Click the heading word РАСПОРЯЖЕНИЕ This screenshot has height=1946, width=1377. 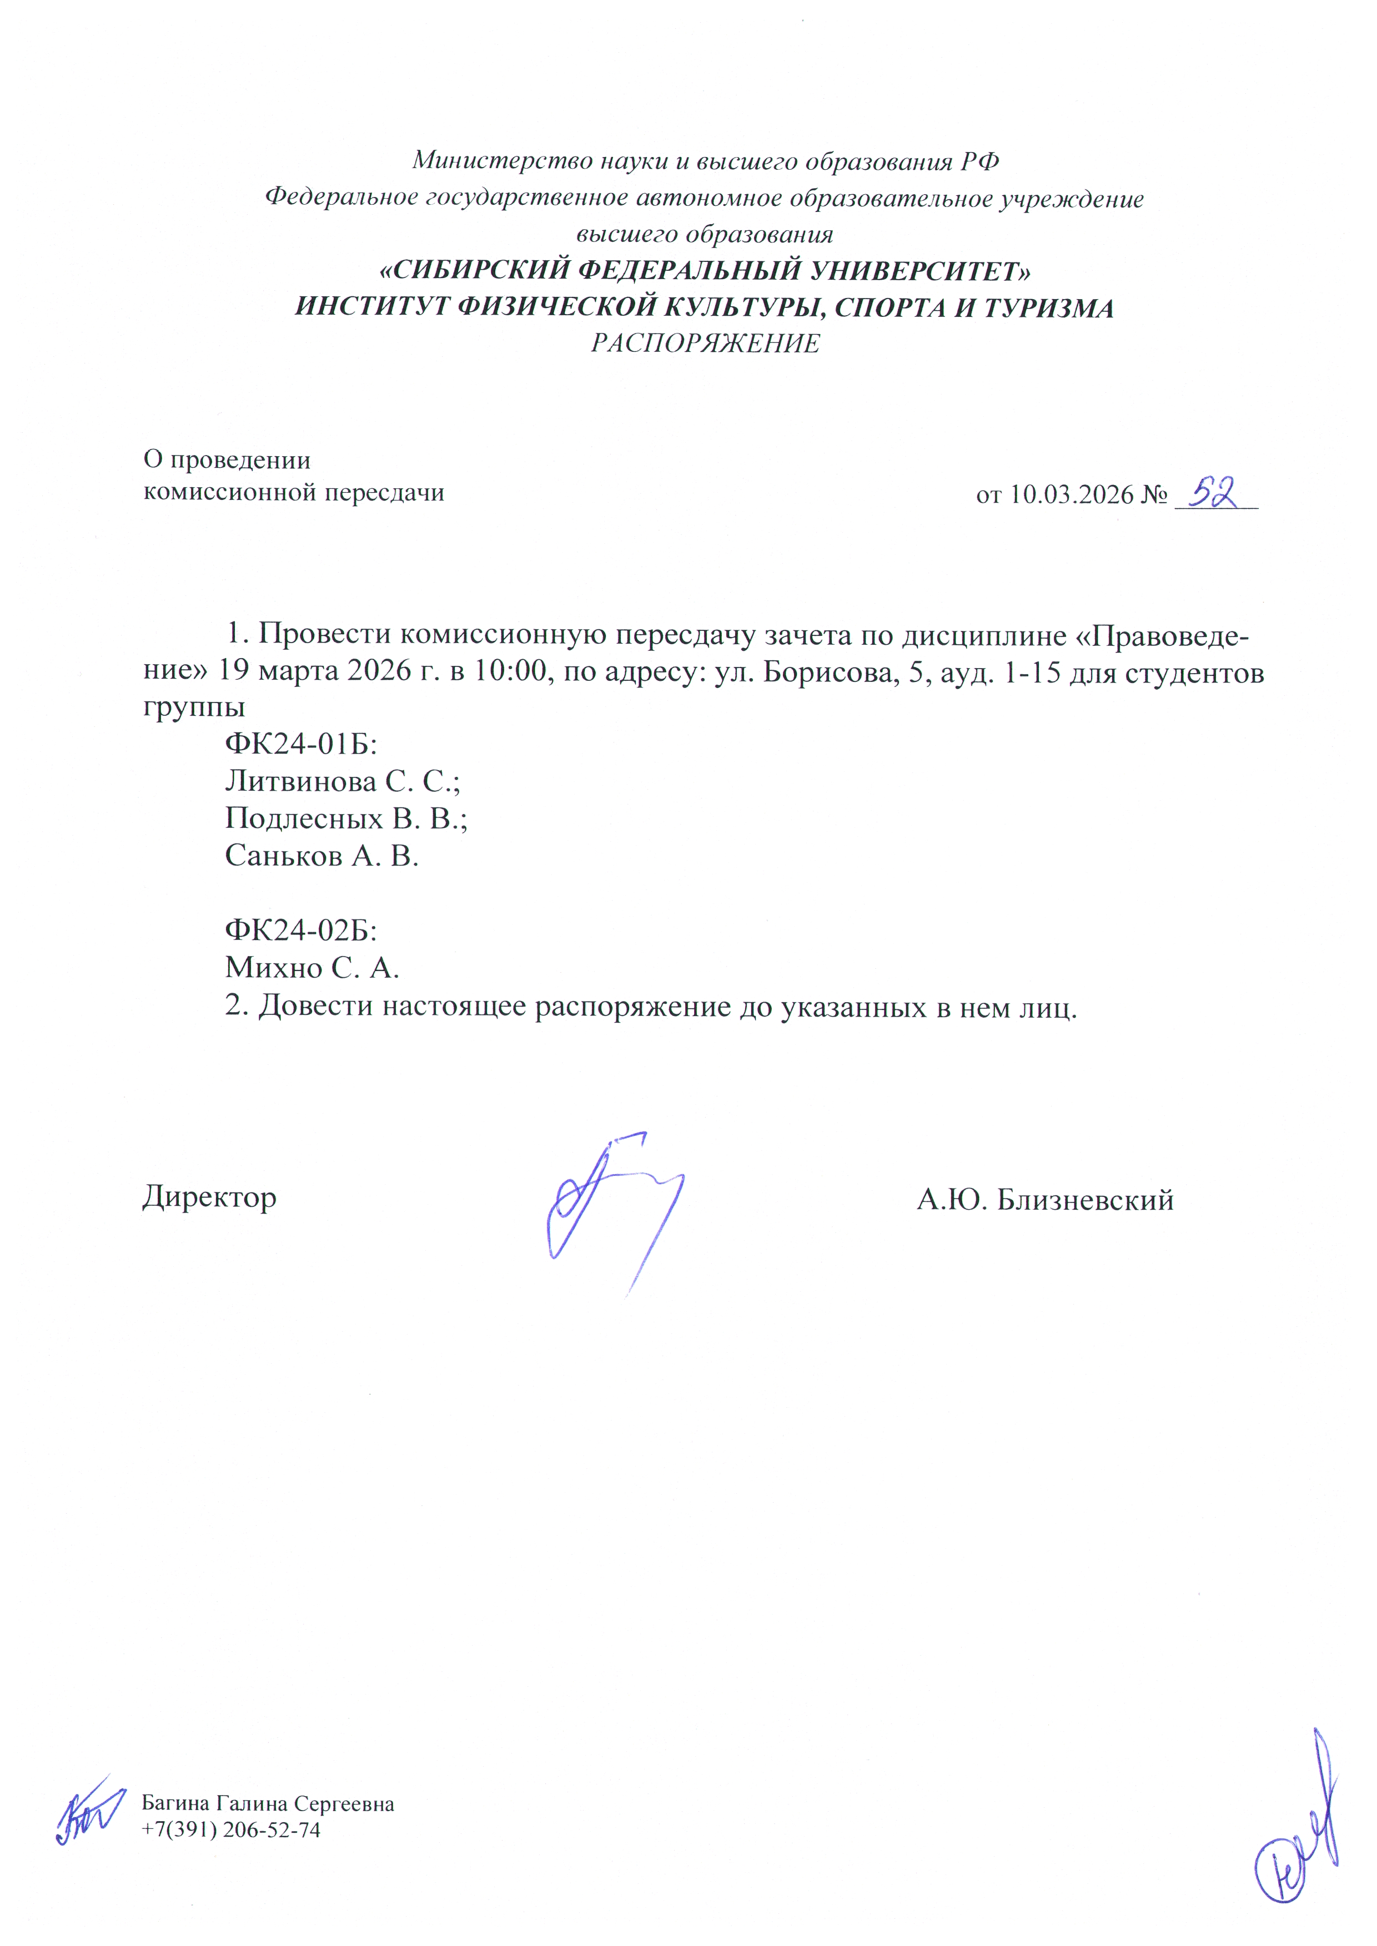pos(705,343)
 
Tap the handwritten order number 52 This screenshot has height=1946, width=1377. pos(1214,492)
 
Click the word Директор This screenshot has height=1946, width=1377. pos(209,1197)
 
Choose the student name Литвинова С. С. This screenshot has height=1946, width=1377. pos(341,781)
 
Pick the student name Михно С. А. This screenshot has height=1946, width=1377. pos(311,967)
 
